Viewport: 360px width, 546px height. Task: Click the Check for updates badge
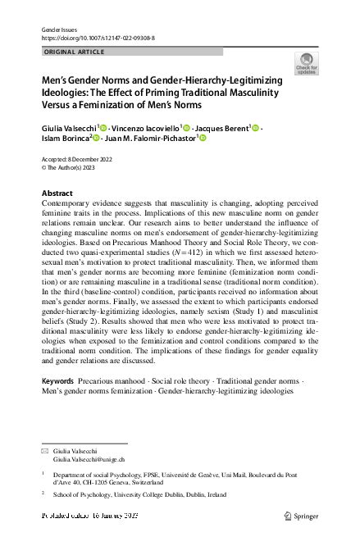click(307, 63)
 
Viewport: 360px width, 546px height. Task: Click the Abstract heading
click(57, 193)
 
